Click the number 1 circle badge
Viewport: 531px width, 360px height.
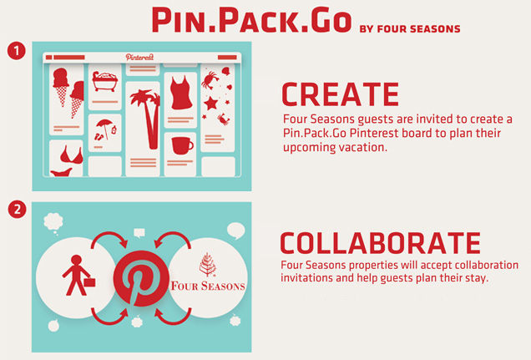pos(16,51)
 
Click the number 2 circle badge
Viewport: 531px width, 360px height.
pos(17,209)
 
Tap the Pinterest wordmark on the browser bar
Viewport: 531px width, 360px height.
pos(139,58)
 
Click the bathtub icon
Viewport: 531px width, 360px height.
pos(104,81)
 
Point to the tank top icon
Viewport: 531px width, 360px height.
pos(181,93)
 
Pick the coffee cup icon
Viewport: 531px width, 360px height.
pos(182,145)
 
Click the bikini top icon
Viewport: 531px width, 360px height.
pos(71,155)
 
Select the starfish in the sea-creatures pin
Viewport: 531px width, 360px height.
pos(210,103)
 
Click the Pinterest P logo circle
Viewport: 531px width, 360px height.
pos(141,278)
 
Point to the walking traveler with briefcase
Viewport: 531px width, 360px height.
pos(78,276)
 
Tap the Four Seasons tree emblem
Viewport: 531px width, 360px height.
pos(207,265)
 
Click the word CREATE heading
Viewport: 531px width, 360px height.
pos(340,94)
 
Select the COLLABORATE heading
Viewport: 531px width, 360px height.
pos(380,243)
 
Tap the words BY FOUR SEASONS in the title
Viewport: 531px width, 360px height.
pos(410,29)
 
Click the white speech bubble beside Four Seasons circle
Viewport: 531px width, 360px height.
pos(235,231)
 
